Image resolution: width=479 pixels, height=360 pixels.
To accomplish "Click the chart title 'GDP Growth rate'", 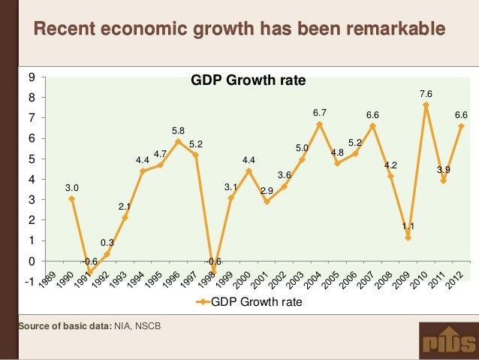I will pos(249,80).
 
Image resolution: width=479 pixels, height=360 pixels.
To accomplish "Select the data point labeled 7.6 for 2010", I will pos(426,104).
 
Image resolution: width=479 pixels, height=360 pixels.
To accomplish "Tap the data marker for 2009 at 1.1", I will pos(408,237).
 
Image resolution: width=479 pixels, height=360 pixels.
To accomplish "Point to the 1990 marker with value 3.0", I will pos(71,198).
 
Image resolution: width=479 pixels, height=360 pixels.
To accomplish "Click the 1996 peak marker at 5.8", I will pos(178,141).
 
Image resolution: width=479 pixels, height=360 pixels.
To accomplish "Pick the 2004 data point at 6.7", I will pos(319,123).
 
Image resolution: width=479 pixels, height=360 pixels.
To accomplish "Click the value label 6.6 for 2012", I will pos(460,115).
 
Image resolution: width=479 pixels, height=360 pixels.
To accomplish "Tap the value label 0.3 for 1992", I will pos(107,243).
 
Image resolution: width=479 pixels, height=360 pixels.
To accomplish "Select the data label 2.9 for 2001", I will pos(267,191).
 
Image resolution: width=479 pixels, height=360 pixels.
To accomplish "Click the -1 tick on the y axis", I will pos(29,282).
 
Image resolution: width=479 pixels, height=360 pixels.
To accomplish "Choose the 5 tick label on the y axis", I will pos(31,159).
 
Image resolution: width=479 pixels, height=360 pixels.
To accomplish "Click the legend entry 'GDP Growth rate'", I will pos(249,302).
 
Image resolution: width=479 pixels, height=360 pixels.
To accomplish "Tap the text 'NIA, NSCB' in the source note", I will pos(137,325).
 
